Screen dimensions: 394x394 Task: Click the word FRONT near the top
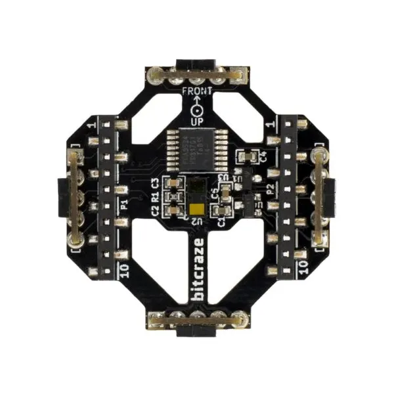(197, 91)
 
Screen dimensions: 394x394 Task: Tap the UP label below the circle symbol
(197, 121)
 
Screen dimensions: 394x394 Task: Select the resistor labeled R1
(174, 196)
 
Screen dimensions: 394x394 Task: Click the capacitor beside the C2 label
(174, 210)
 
